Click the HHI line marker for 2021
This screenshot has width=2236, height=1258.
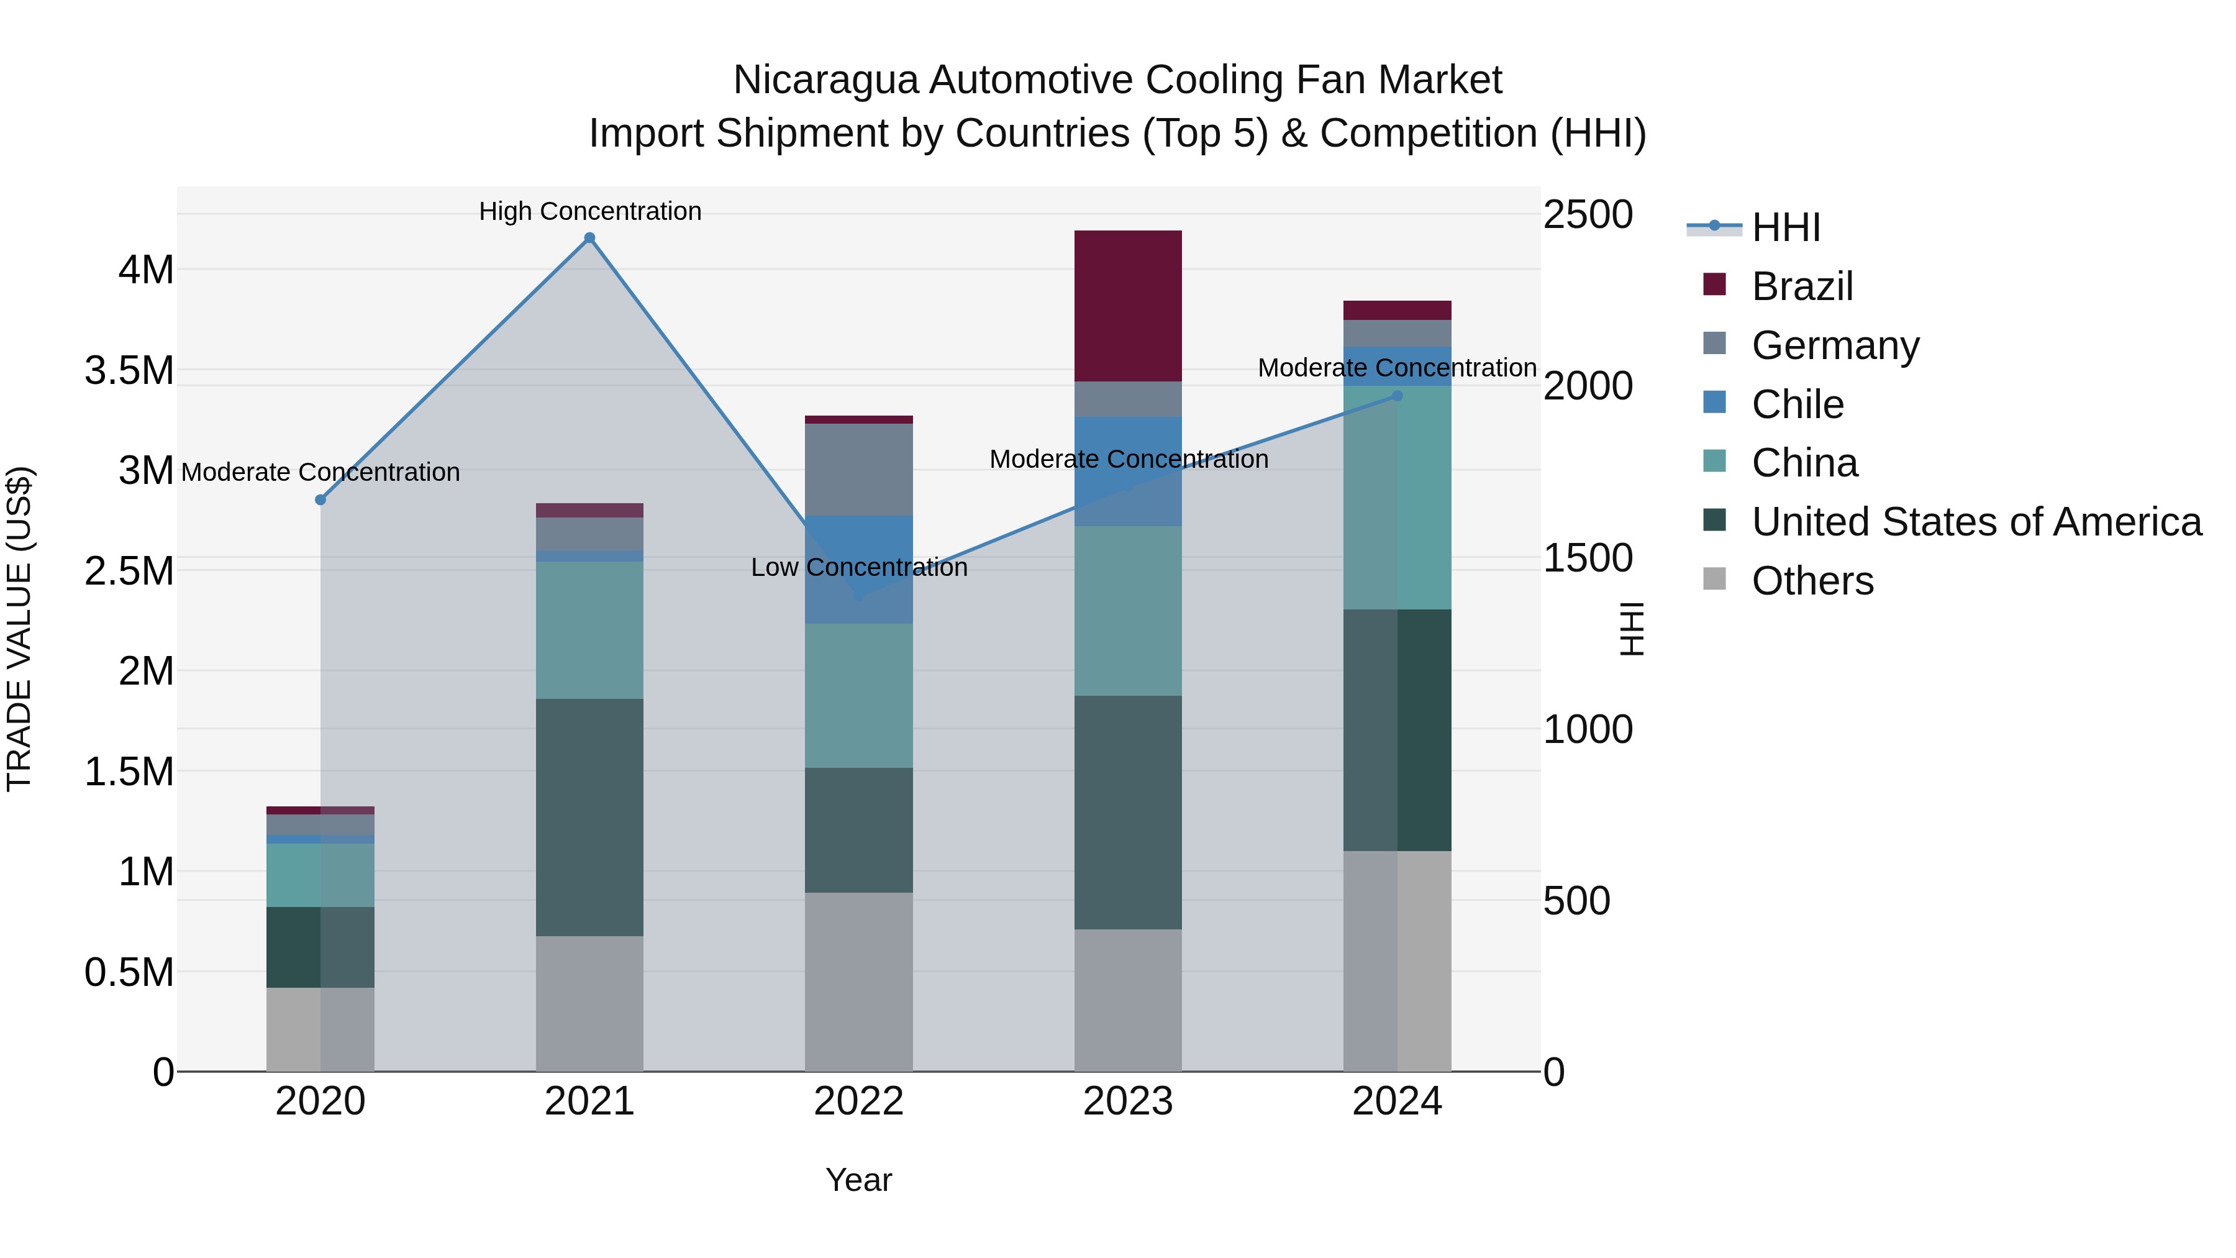[589, 238]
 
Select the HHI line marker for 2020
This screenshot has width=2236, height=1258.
[320, 499]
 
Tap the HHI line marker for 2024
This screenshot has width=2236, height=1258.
[1397, 396]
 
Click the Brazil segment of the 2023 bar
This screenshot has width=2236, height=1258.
[1127, 306]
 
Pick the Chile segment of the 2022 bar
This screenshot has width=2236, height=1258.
[858, 570]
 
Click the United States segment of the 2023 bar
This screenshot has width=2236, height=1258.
[1127, 812]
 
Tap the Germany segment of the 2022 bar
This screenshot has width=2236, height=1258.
[858, 470]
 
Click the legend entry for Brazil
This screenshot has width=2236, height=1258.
[1801, 286]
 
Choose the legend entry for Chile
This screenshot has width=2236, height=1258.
[1797, 404]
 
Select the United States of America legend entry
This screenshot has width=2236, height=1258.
[1976, 522]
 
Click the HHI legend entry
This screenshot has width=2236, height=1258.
[1784, 227]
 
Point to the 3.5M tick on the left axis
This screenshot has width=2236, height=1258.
[129, 371]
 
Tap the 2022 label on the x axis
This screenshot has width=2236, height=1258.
[858, 1101]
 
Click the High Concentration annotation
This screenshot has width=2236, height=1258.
[590, 211]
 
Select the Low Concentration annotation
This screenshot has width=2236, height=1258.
[858, 567]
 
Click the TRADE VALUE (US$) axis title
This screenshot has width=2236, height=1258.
[19, 629]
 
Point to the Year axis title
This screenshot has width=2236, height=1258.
[858, 1180]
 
